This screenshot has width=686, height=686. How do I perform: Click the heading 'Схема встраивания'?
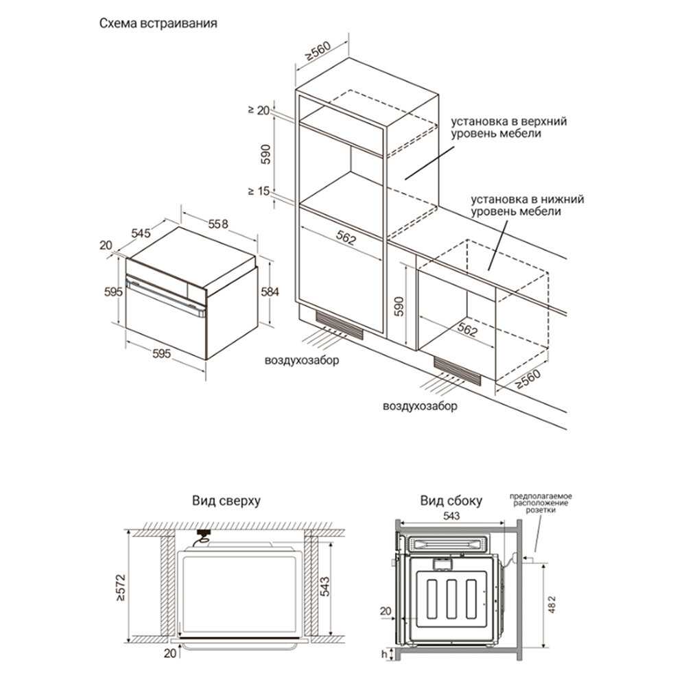click(158, 23)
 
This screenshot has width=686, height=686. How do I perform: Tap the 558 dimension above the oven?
click(218, 224)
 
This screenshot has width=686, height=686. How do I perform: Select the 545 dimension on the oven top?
click(141, 233)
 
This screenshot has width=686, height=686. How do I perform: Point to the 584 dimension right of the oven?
click(270, 292)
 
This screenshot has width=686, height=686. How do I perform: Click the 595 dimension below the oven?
click(161, 353)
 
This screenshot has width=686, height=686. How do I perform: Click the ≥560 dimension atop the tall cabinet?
click(319, 51)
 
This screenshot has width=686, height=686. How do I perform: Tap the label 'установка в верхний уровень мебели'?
click(509, 127)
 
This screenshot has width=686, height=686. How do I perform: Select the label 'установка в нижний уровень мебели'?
click(527, 205)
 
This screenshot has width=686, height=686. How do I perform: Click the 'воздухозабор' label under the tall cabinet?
click(301, 361)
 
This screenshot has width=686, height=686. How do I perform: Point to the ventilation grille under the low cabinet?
click(457, 371)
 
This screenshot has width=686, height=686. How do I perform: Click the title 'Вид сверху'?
click(226, 501)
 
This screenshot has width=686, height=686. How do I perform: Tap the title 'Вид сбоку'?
click(451, 501)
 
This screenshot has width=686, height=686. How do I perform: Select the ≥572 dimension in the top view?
click(121, 587)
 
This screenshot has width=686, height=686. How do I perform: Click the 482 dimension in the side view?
click(552, 604)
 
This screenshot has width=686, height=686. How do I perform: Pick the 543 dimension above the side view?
click(451, 516)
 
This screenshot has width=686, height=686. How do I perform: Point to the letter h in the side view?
click(384, 654)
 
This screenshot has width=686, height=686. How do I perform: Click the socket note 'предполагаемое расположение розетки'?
click(541, 503)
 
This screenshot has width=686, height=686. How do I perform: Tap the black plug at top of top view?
click(204, 532)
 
